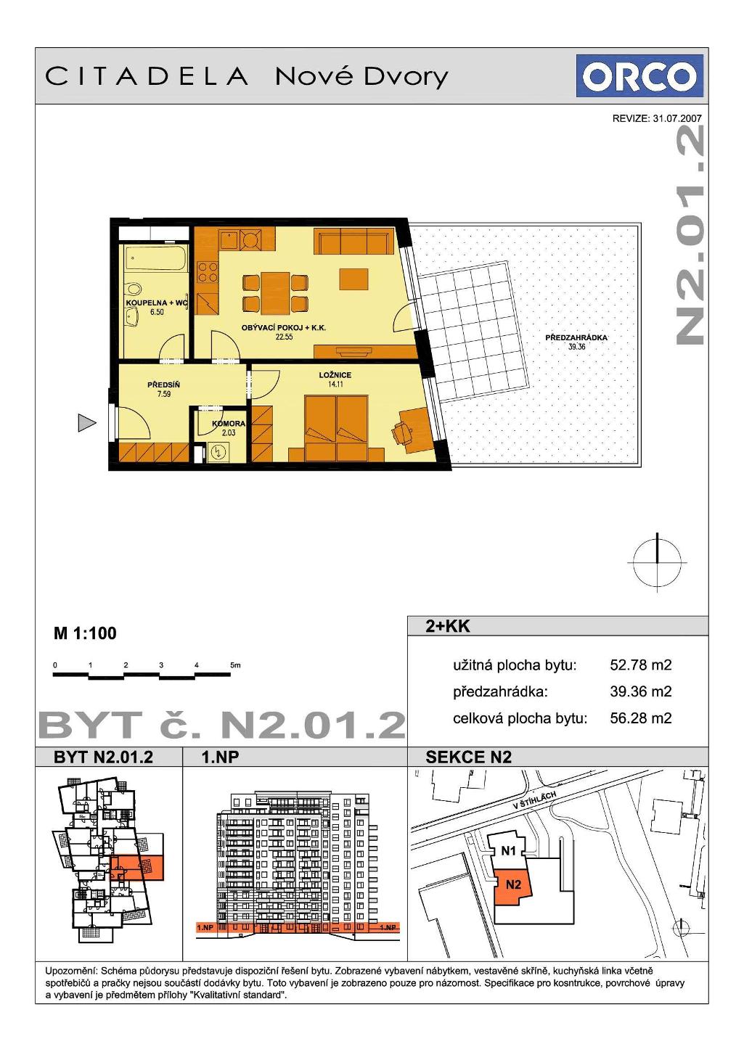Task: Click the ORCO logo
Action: tap(639, 76)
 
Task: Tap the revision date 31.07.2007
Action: tap(677, 119)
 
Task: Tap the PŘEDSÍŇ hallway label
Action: tap(163, 385)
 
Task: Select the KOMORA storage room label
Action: tap(229, 423)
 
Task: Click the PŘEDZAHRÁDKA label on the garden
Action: tap(576, 337)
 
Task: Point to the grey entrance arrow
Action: tap(87, 423)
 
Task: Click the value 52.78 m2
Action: tap(641, 665)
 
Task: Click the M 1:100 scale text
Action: tap(85, 633)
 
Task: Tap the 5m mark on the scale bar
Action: tap(235, 665)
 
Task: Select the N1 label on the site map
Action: tap(509, 850)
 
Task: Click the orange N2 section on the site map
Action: tap(513, 885)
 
